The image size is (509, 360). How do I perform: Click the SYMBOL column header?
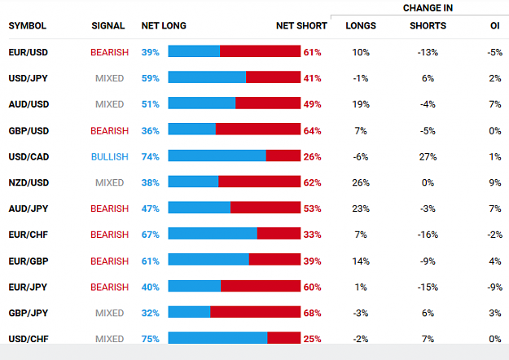pyautogui.click(x=27, y=25)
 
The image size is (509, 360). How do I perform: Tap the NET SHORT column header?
pyautogui.click(x=301, y=25)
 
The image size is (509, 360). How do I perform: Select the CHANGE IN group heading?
pyautogui.click(x=428, y=8)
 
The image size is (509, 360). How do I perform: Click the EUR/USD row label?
pyautogui.click(x=29, y=52)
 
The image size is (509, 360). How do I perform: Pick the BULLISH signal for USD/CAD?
pyautogui.click(x=110, y=157)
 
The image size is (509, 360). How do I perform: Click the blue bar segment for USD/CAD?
pyautogui.click(x=217, y=156)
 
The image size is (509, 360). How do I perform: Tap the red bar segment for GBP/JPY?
pyautogui.click(x=256, y=312)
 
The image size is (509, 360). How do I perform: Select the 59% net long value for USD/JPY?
pyautogui.click(x=151, y=78)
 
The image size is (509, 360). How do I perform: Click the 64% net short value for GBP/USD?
pyautogui.click(x=312, y=131)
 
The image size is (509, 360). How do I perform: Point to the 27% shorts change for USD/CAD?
pyautogui.click(x=428, y=157)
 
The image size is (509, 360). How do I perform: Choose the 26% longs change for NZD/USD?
pyautogui.click(x=361, y=182)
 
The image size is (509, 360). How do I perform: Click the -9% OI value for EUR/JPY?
pyautogui.click(x=494, y=287)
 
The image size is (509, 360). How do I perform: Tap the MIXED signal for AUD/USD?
pyautogui.click(x=110, y=104)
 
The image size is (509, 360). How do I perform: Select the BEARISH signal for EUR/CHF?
pyautogui.click(x=110, y=235)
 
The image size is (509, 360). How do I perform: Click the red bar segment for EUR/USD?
pyautogui.click(x=261, y=51)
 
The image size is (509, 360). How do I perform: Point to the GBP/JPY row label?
pyautogui.click(x=29, y=313)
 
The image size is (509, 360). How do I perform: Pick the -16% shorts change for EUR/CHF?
pyautogui.click(x=428, y=235)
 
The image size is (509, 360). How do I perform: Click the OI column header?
pyautogui.click(x=494, y=25)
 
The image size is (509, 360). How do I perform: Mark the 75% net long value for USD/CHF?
pyautogui.click(x=151, y=339)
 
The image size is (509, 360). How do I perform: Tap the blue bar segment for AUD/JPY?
pyautogui.click(x=200, y=208)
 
